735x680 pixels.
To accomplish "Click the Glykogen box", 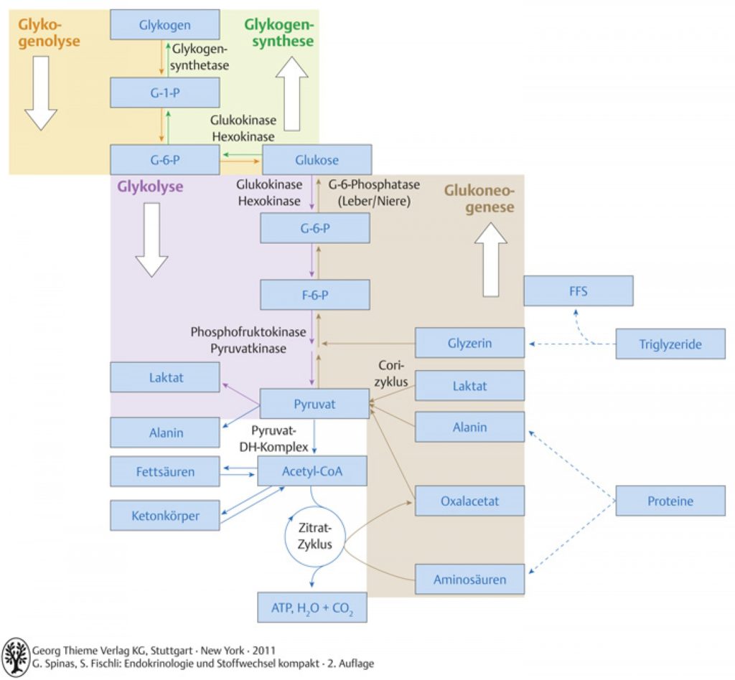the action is (x=165, y=24).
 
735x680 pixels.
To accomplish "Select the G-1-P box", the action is (x=165, y=93).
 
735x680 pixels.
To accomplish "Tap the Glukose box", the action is (x=317, y=160).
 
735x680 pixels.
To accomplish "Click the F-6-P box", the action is (x=315, y=295).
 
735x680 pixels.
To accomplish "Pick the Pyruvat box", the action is (x=314, y=404).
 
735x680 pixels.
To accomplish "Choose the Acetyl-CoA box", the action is (x=312, y=471).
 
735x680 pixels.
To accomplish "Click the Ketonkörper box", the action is (x=165, y=516).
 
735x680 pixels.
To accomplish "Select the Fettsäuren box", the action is (x=165, y=471).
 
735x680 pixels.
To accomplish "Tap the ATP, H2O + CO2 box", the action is (x=312, y=608).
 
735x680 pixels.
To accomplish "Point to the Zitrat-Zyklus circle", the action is (x=286, y=537).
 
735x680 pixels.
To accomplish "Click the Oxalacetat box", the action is (x=469, y=501).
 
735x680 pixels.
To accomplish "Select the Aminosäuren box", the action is (x=469, y=580).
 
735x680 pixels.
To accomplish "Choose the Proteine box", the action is (x=670, y=501).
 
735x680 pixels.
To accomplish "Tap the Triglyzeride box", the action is (x=670, y=344).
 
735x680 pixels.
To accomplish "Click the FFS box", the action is (x=579, y=291).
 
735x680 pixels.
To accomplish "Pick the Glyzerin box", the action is (x=469, y=343).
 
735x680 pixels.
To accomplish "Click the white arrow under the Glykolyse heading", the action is (x=152, y=240).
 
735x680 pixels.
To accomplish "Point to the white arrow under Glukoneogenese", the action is (x=491, y=260).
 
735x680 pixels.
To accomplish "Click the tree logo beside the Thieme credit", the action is (x=16, y=657).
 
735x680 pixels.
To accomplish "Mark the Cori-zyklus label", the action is (x=391, y=373).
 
